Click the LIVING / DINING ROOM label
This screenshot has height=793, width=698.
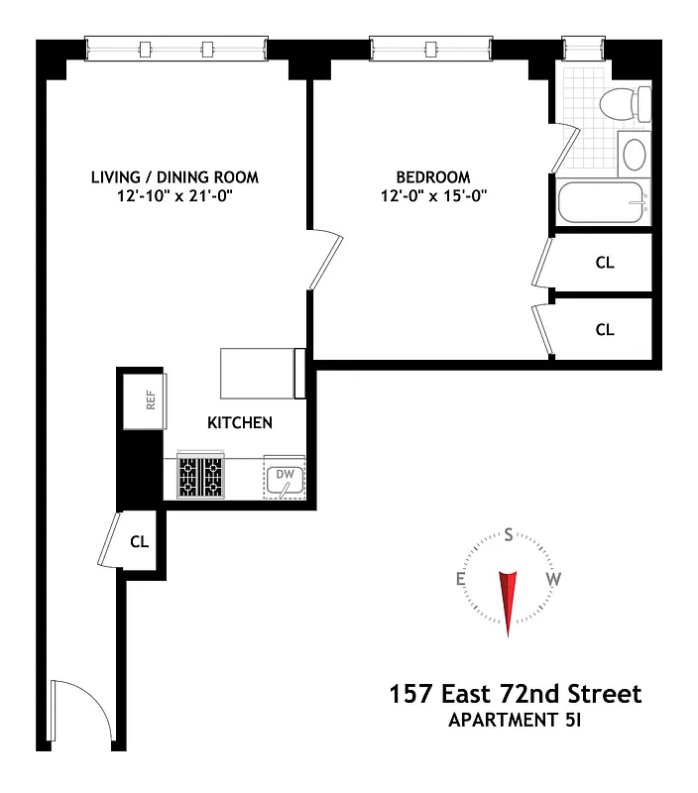(174, 177)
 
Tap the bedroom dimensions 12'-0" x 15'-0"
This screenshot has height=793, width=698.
(433, 196)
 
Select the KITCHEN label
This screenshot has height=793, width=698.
(239, 423)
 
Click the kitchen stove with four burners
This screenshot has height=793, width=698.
(202, 476)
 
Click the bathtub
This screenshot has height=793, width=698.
(602, 203)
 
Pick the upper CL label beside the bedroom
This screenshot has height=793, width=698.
(605, 264)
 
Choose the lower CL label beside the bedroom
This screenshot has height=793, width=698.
(605, 330)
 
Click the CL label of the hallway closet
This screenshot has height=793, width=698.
(140, 542)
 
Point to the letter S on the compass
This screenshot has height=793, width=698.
(509, 536)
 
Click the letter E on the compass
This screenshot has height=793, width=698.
(461, 580)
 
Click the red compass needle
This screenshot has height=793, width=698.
(508, 600)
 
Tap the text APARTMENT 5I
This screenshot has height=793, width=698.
(514, 721)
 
